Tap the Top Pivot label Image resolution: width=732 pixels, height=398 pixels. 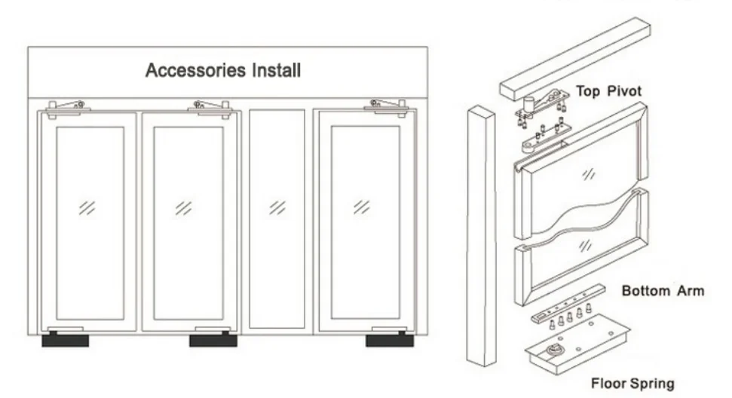609,91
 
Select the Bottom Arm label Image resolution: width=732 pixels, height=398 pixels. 663,290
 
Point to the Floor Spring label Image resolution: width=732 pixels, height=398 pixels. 632,384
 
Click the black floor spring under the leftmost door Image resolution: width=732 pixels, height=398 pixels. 65,341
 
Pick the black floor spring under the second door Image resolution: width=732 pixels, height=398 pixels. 213,341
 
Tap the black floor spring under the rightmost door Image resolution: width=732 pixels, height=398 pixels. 389,341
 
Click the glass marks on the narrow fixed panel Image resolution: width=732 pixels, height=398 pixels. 277,206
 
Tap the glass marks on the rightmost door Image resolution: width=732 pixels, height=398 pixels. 362,206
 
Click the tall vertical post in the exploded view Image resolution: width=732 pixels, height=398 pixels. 480,234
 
